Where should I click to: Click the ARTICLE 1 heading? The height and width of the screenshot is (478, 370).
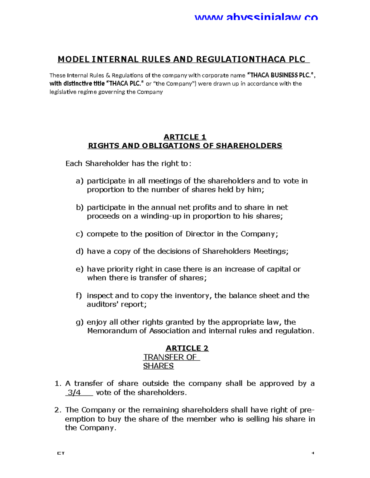pos(185,137)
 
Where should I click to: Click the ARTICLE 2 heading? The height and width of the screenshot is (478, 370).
pos(187,348)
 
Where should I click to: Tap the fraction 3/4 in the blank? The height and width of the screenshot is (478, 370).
pos(74,393)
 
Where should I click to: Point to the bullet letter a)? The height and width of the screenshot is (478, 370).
pos(80,181)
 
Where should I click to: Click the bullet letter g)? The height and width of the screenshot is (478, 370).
pos(80,322)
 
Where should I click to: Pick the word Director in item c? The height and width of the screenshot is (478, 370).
pos(200,234)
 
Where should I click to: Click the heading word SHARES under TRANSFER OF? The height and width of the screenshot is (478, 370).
pos(158,366)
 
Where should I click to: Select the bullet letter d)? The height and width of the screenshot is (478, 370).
pos(80,251)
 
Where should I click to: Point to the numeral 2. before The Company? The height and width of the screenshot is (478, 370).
pos(58,410)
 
